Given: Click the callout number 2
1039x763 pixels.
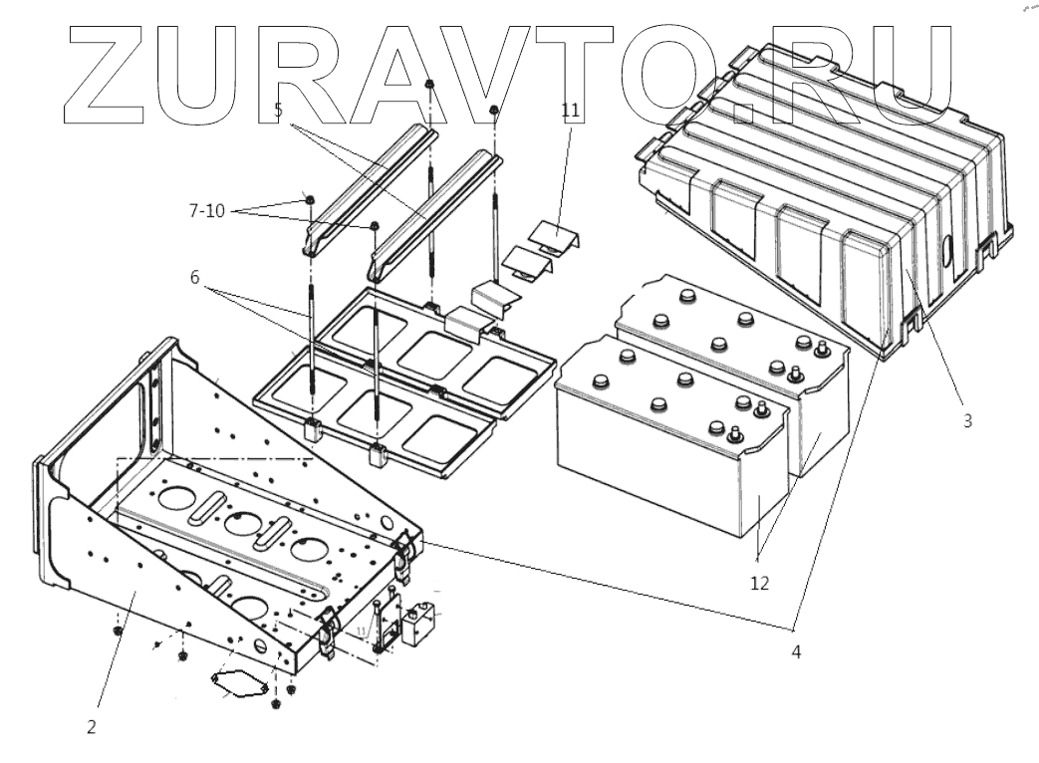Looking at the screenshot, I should [91, 727].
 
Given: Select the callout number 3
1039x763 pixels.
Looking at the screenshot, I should [967, 420].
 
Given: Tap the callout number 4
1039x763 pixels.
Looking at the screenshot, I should [795, 652].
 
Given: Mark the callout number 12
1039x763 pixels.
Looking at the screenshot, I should [759, 583].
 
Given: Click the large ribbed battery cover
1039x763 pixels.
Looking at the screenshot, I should [827, 189].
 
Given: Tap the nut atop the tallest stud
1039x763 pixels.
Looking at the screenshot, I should [429, 85].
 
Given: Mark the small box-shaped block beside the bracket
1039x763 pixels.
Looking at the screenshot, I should [418, 623].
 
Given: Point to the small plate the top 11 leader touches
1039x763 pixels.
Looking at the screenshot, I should [553, 237].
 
